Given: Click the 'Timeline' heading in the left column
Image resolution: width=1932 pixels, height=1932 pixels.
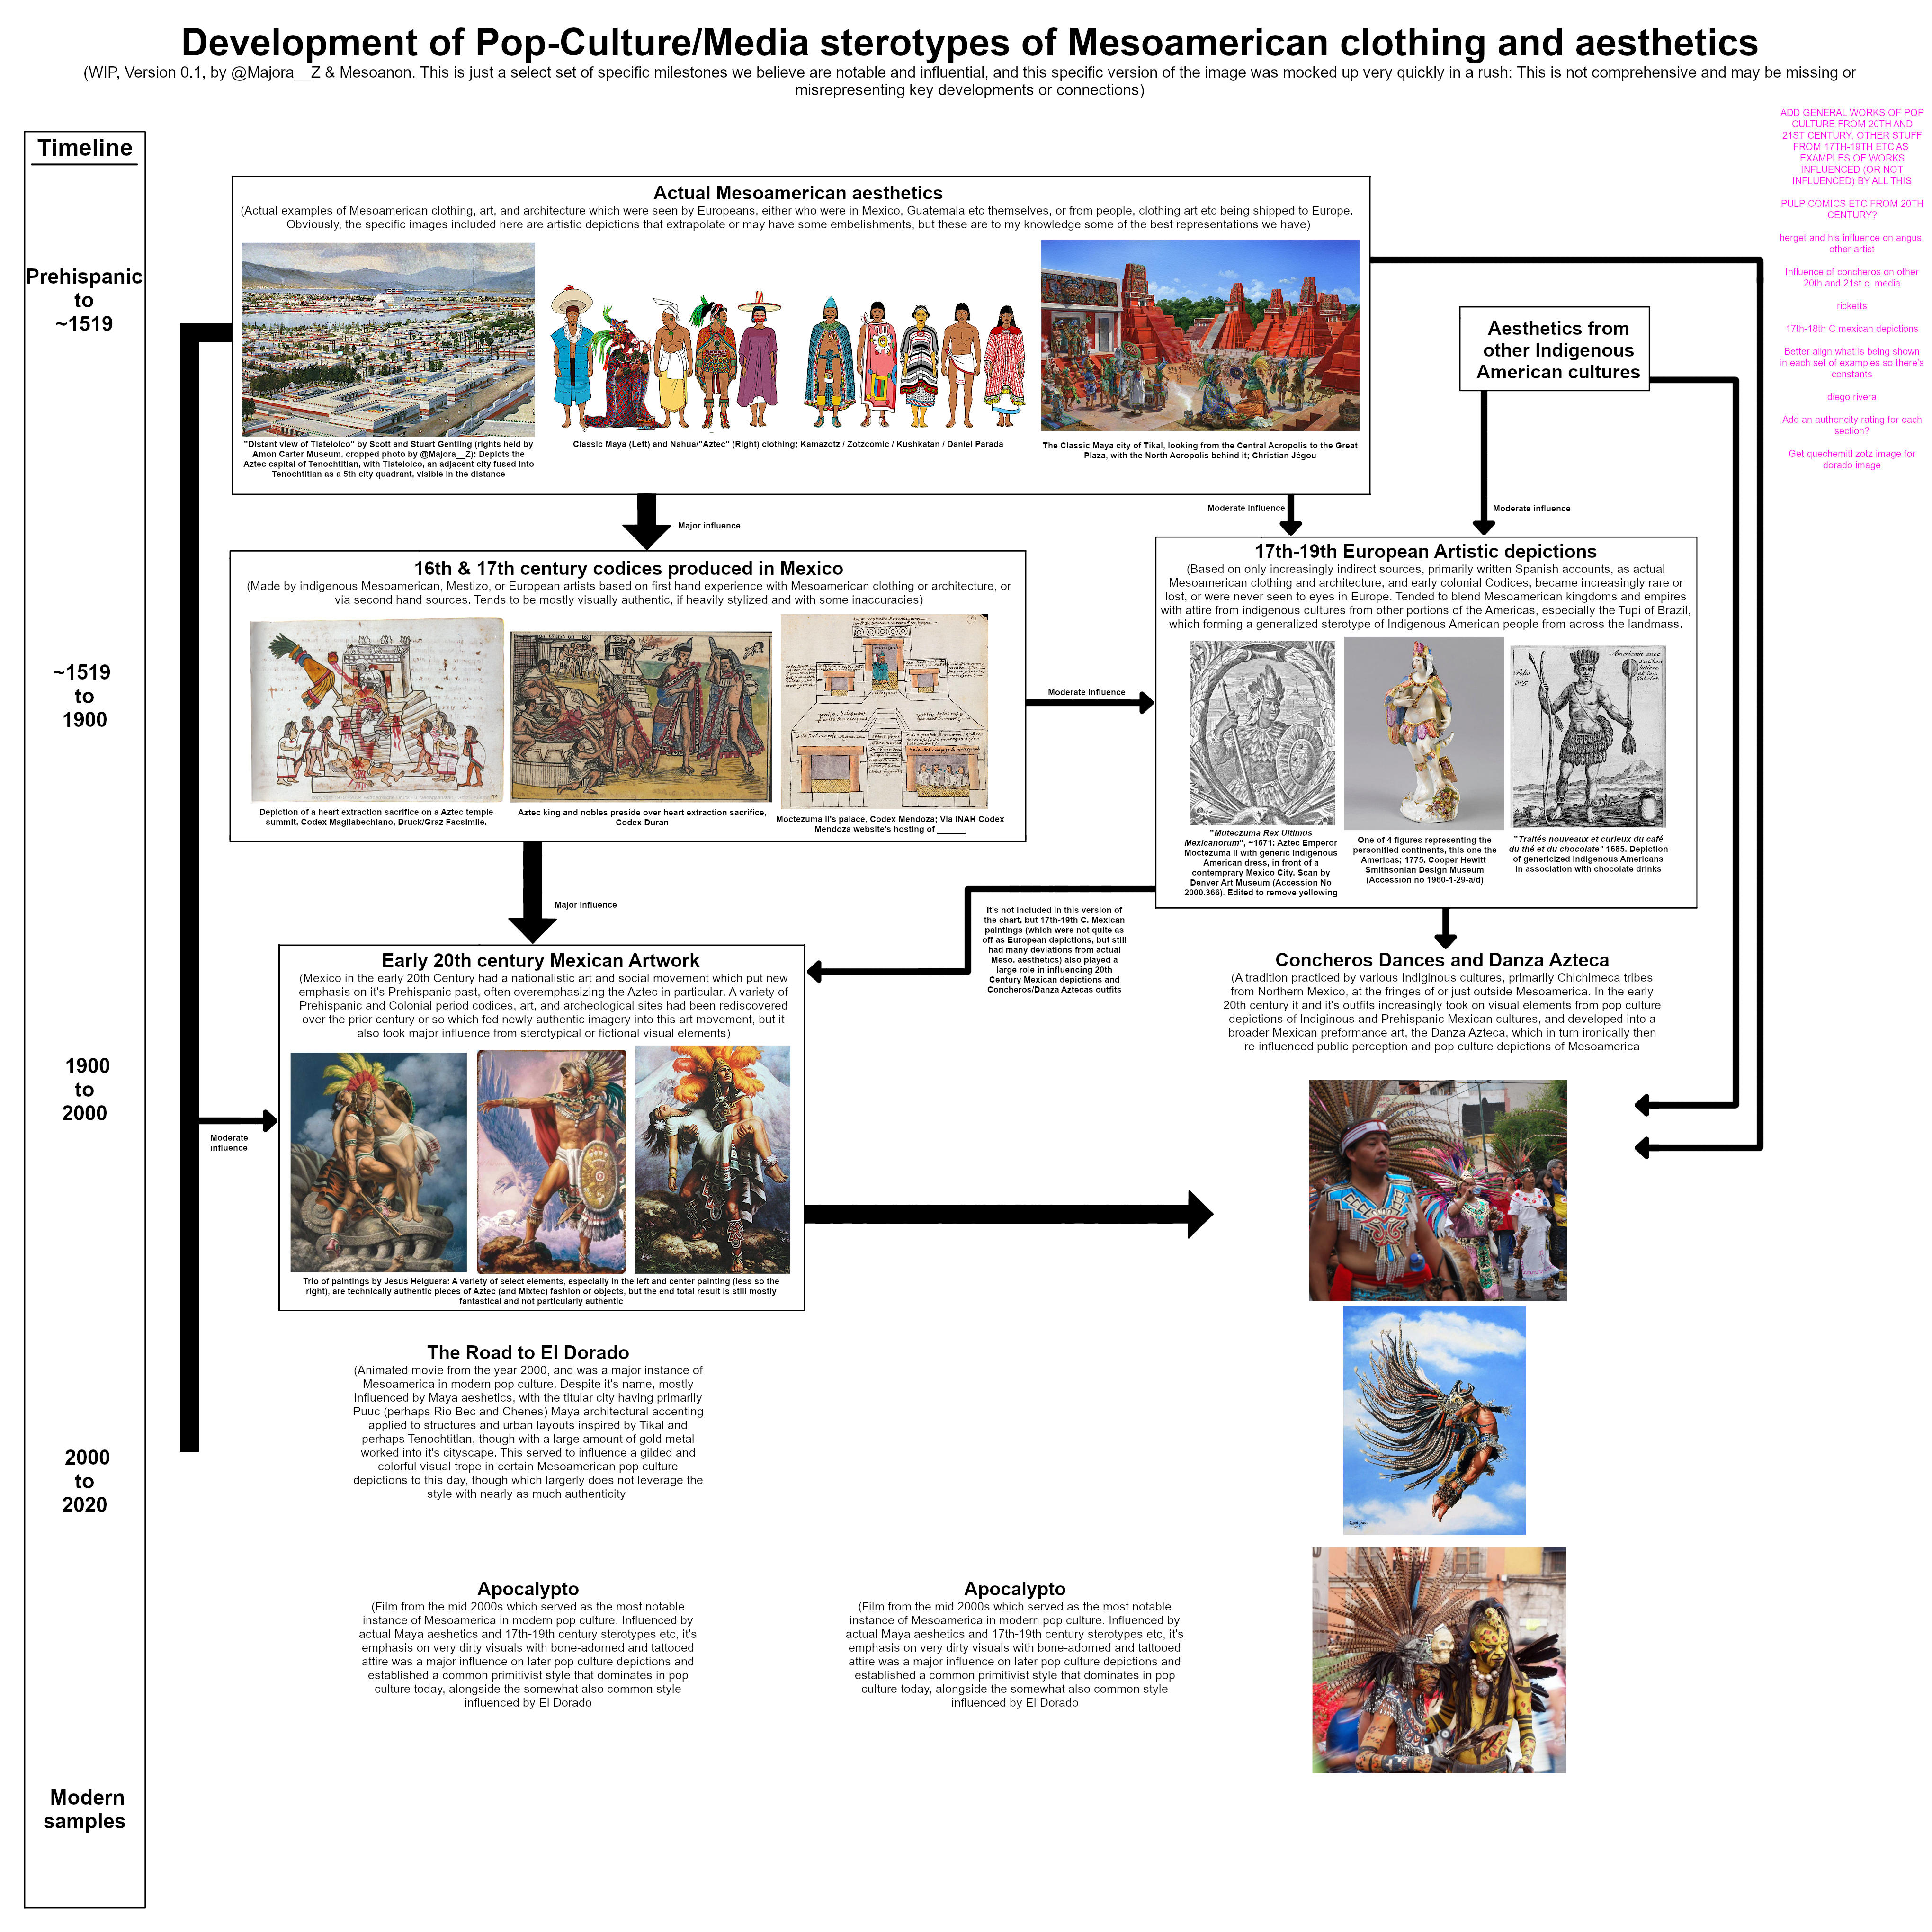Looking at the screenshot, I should pos(85,148).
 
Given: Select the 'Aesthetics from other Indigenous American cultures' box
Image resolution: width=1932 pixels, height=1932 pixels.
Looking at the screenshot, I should pos(1557,349).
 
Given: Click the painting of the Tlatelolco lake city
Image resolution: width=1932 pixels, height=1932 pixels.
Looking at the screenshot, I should pos(388,339).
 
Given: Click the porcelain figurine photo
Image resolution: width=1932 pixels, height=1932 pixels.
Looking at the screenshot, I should pos(1423,733).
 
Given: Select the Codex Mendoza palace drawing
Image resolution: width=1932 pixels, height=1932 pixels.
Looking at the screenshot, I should pos(884,711).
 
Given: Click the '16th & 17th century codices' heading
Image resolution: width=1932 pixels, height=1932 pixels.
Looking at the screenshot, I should pos(628,568).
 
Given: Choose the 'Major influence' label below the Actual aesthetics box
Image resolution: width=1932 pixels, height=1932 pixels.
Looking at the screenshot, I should pos(709,525).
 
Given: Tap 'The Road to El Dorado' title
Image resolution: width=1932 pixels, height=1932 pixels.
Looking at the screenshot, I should pos(528,1352).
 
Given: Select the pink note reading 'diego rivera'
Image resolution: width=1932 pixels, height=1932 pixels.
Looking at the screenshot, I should pos(1851,397).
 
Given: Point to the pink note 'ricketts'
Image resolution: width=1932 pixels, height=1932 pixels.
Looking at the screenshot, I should pos(1851,306).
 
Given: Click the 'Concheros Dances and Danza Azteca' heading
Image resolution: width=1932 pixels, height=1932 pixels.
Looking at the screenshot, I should pos(1442,960).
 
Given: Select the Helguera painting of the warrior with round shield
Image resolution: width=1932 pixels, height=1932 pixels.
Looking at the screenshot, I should pos(551,1160).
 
